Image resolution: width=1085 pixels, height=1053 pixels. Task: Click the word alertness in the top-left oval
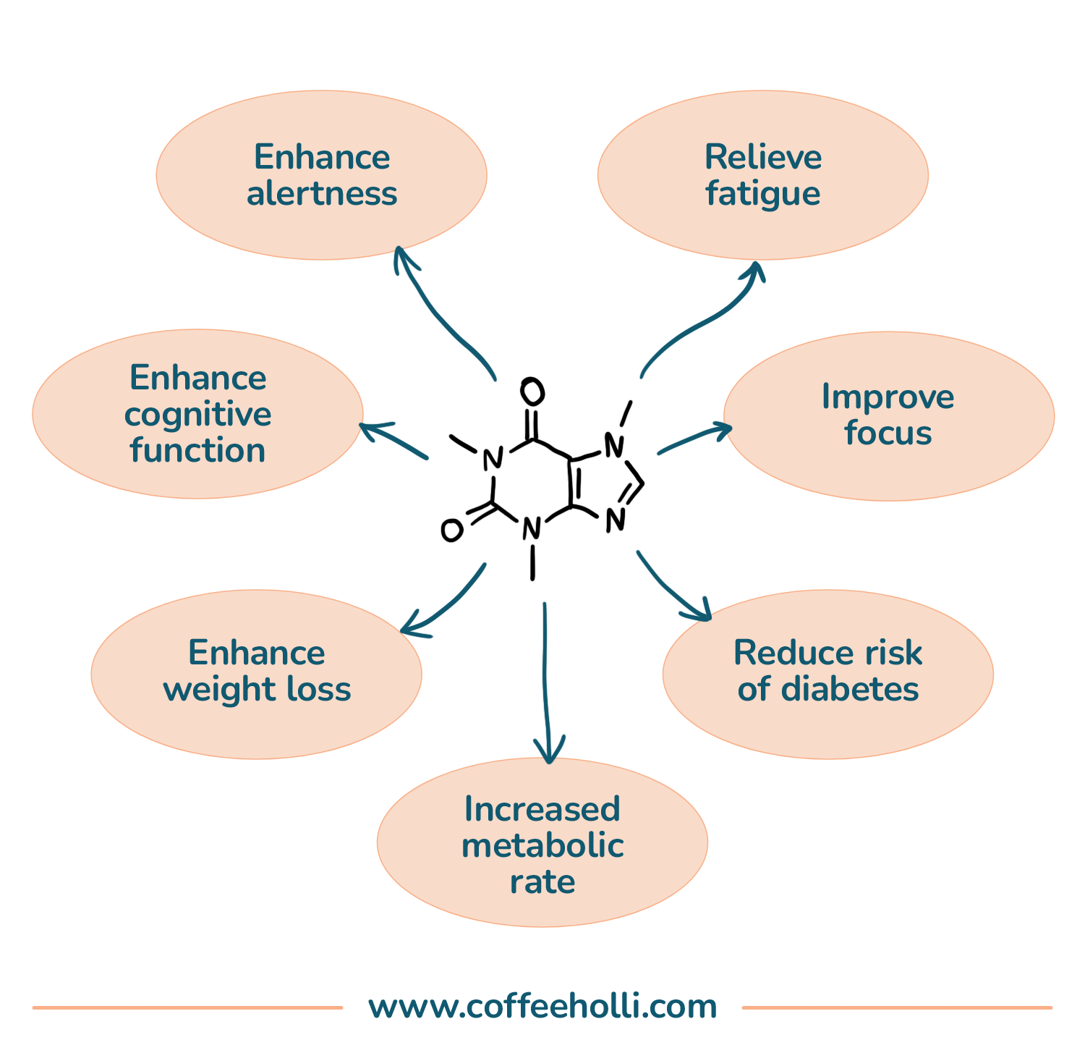[322, 194]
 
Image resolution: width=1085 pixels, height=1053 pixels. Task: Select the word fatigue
[762, 194]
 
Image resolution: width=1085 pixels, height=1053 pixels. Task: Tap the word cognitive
[197, 415]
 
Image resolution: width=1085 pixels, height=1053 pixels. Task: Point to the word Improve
[888, 397]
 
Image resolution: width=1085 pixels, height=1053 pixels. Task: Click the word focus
[888, 433]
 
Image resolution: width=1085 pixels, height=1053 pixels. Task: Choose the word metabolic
[542, 845]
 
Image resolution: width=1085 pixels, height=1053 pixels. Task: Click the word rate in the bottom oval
[542, 881]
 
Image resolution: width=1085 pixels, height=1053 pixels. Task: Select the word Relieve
[762, 157]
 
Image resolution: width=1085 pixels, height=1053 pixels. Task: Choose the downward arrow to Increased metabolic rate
[545, 680]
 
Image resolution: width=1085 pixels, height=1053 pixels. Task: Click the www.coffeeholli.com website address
[542, 1007]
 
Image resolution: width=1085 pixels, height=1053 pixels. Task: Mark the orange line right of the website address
[897, 1007]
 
